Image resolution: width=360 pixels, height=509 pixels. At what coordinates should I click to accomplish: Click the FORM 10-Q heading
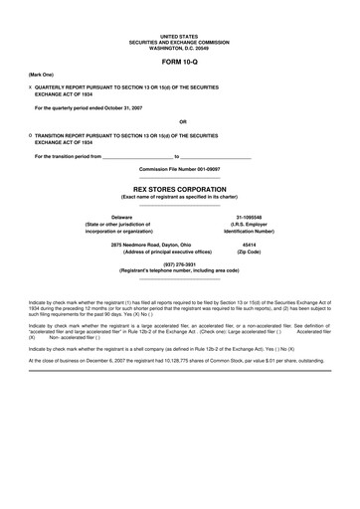179,61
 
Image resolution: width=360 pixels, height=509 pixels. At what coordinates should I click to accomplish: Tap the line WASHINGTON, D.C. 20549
179,46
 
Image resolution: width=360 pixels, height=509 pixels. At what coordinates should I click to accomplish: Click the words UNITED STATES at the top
179,35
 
